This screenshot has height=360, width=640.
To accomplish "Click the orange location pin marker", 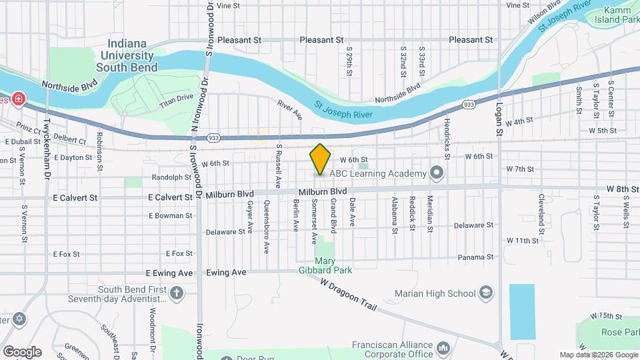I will click(x=321, y=159).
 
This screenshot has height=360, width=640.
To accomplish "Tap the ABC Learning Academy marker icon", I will click(x=437, y=174).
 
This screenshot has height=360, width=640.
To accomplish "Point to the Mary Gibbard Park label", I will click(x=325, y=265).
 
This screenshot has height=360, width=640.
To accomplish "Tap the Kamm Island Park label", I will click(x=621, y=15).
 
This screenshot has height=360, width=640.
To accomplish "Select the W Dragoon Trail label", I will click(x=348, y=295).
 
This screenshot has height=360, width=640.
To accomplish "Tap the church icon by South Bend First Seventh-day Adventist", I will click(x=176, y=293).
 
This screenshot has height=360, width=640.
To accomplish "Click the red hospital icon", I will click(x=19, y=100).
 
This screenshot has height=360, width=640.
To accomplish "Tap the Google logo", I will click(x=22, y=351).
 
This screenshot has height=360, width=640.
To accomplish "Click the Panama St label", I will click(x=475, y=257).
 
